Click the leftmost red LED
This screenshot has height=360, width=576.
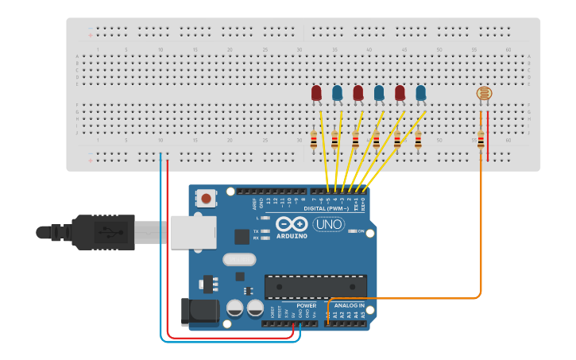coord(316,93)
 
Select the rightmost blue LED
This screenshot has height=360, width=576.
coord(421,93)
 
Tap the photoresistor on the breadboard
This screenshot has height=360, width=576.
coord(482,94)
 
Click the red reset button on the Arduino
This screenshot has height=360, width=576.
coord(207,198)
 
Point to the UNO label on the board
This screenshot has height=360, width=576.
coord(328,225)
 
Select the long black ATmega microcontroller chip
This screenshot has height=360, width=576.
coord(315,286)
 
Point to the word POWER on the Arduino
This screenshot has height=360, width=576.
coord(306,305)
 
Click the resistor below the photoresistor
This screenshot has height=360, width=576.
coord(481,138)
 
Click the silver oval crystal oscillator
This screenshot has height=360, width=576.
coord(239,259)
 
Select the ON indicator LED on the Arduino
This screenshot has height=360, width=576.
coord(351,231)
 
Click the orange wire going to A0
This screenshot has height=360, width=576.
coord(481,238)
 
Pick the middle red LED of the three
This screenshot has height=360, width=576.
coord(358,93)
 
